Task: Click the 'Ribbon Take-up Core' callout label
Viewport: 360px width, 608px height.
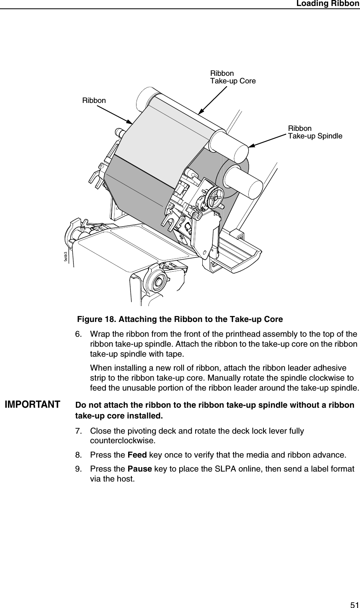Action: click(233, 77)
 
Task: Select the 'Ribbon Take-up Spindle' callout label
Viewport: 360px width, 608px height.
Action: click(315, 132)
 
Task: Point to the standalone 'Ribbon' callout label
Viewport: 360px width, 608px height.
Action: click(94, 101)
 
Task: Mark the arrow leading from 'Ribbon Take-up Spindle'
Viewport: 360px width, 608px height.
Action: click(267, 140)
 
